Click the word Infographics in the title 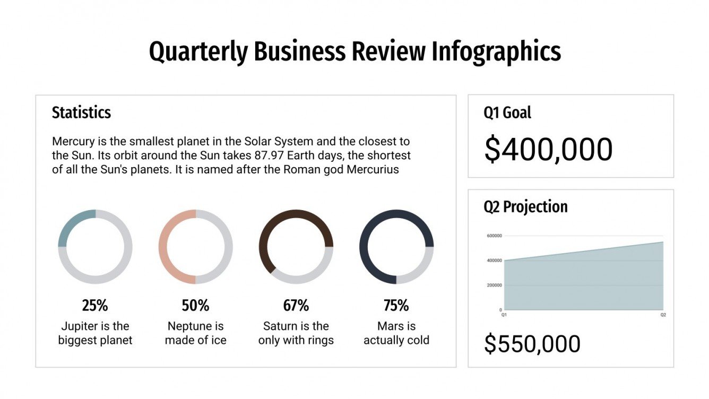496,52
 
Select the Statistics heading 81,112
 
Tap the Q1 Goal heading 507,112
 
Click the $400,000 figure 548,150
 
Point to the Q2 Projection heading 525,206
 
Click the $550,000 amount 532,344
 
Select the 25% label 95,306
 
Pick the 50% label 195,306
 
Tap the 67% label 296,306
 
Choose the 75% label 396,306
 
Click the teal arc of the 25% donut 71,223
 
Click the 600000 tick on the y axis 494,236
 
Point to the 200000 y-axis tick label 494,285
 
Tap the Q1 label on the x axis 504,315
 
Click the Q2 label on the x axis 663,315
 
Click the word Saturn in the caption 281,326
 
